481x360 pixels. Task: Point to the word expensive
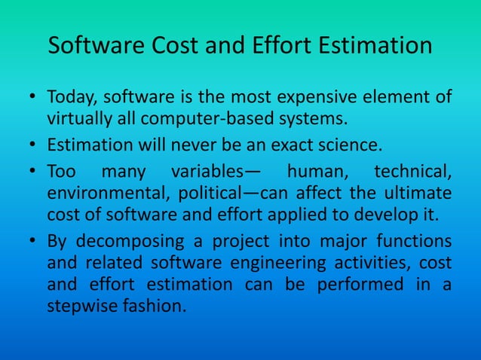[x=346, y=98]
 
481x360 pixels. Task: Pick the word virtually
[x=78, y=118]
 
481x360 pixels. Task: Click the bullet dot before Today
[x=32, y=99]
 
